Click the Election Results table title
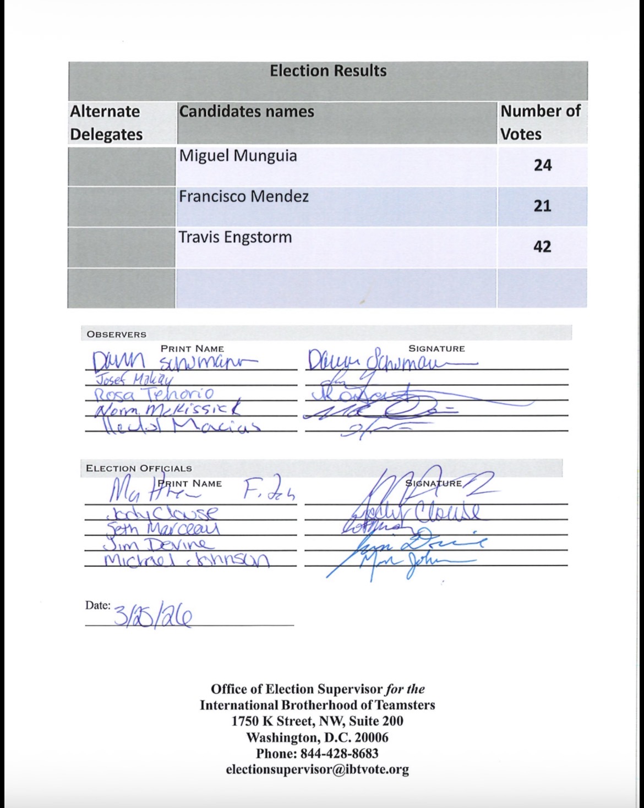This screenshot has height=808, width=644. coord(328,71)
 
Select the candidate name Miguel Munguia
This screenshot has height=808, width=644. coord(238,156)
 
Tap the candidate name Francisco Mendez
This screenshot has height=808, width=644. coord(243,196)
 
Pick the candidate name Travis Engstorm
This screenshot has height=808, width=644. coord(235,238)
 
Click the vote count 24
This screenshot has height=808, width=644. coord(542,165)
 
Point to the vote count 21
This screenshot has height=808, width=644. coord(542,206)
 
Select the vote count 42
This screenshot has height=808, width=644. coord(542,246)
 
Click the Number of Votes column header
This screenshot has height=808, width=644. coord(540,123)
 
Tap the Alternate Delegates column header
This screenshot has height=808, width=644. coord(106,123)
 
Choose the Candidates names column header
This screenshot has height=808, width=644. coord(247,112)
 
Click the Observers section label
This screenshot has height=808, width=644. coord(117,334)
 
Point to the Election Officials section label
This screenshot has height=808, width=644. coord(139,468)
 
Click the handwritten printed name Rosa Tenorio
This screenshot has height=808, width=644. coord(154,394)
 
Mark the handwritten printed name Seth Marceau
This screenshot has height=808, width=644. coord(163,528)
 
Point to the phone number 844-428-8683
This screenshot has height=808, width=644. coord(317,753)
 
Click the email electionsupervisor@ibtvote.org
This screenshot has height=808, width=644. coord(317,769)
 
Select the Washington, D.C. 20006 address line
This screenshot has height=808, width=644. coord(317,737)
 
